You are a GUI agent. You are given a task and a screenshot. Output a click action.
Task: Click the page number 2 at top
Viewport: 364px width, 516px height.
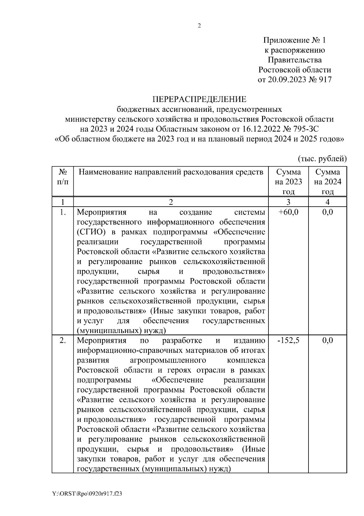(x=199, y=26)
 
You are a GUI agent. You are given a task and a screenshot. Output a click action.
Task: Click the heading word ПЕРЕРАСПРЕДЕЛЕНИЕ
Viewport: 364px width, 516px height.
(x=199, y=99)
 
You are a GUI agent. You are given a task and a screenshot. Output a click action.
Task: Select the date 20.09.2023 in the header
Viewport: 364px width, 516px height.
(x=287, y=80)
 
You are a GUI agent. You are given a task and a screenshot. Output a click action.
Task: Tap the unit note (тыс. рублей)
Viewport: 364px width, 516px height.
(x=322, y=158)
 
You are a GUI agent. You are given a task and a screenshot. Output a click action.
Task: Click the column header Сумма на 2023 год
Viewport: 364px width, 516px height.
(x=288, y=182)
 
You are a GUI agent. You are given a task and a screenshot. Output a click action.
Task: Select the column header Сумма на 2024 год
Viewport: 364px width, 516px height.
(x=328, y=182)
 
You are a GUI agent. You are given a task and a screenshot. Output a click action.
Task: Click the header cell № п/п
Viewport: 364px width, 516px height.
(x=62, y=177)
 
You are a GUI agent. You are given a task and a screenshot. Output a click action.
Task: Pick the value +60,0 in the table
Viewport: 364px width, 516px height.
(x=288, y=212)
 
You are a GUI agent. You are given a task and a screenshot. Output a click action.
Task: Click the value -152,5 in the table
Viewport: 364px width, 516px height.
(x=288, y=340)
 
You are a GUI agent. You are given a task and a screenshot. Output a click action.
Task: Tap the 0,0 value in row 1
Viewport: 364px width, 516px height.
(x=328, y=212)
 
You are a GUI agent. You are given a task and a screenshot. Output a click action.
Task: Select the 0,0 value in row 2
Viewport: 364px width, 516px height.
(x=328, y=340)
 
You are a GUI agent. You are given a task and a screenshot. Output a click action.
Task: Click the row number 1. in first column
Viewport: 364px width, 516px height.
(x=63, y=212)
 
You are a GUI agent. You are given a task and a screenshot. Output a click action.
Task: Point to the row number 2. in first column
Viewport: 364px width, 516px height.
(x=63, y=340)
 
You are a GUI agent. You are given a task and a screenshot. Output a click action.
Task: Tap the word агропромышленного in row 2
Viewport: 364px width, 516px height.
(x=168, y=360)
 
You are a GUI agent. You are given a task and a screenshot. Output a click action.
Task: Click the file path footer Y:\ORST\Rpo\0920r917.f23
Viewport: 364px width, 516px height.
(x=87, y=494)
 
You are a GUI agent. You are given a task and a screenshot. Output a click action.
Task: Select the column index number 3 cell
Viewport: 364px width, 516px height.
(x=288, y=202)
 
